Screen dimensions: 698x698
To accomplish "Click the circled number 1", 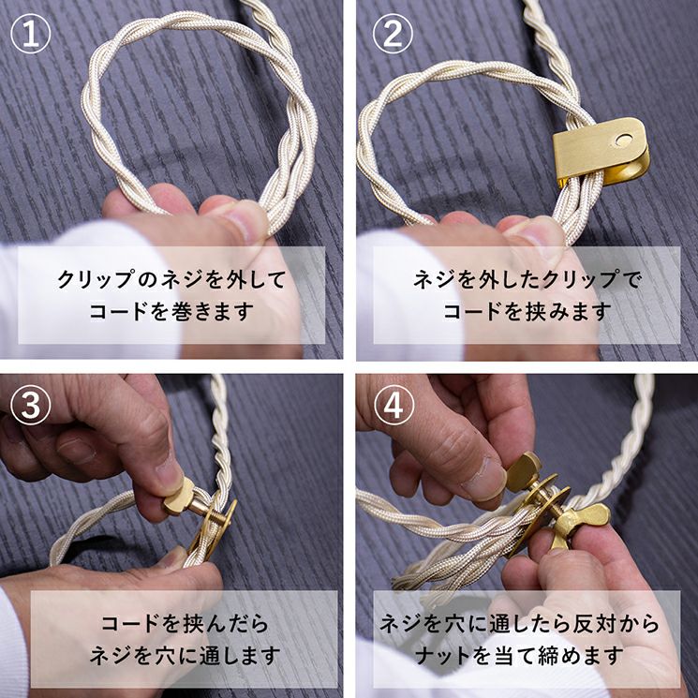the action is click(x=31, y=34).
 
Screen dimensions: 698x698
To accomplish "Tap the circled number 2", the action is click(x=394, y=34).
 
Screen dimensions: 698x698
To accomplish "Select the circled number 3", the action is click(x=31, y=405).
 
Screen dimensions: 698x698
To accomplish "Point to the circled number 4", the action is click(x=394, y=405).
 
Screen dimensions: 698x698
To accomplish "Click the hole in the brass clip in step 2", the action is click(x=623, y=141).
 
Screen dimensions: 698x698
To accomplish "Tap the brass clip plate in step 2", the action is click(x=600, y=151).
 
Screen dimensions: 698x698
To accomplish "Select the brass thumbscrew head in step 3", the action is click(x=178, y=496).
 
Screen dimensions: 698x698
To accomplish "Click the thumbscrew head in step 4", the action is click(x=525, y=472).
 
